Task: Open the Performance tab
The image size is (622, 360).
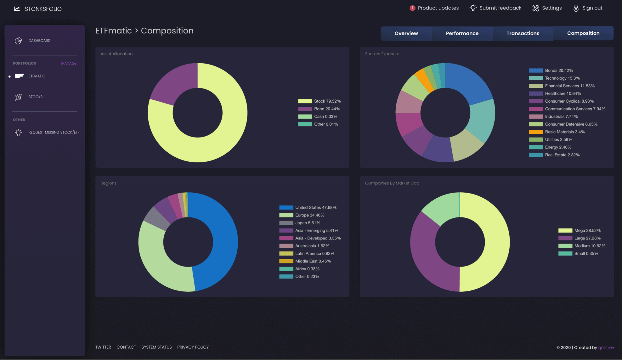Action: point(462,33)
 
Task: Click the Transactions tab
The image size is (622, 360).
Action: point(523,33)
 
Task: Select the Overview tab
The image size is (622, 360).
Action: point(406,33)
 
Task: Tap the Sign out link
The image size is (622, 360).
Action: point(588,8)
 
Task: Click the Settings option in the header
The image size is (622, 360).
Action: point(547,8)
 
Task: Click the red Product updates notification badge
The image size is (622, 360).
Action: point(412,8)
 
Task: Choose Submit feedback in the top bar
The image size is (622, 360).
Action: point(495,8)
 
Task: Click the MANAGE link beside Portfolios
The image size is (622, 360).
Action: point(69,63)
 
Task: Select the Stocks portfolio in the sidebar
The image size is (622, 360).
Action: point(35,97)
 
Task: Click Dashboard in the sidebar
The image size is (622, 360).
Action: point(39,41)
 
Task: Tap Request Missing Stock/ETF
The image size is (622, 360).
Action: point(54,132)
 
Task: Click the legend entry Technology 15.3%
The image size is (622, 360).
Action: point(554,78)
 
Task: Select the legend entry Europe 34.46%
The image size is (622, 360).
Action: point(302,215)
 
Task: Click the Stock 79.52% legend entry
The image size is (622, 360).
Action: point(319,101)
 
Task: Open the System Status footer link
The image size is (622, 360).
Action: point(156,347)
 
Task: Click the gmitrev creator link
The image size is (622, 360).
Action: point(606,347)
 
